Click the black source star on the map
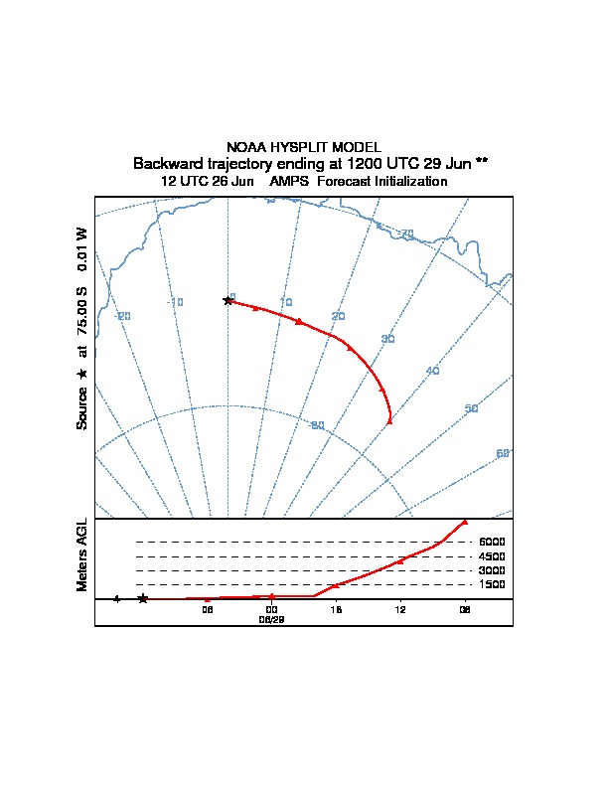228,300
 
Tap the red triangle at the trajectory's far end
389,421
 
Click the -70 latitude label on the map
404,233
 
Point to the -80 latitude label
318,425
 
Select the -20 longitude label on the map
123,316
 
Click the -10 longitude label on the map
176,302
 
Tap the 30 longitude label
387,340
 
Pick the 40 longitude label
432,371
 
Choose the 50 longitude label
471,408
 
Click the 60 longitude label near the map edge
503,453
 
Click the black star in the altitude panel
143,598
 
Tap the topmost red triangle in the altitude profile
464,522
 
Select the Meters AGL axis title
82,555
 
